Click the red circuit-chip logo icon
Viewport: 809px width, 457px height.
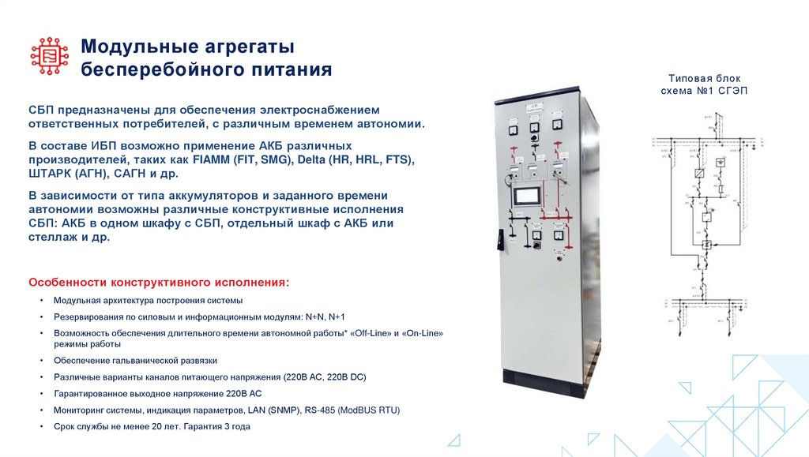point(49,56)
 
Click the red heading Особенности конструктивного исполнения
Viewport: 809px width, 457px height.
point(159,282)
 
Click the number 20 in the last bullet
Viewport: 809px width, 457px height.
point(157,426)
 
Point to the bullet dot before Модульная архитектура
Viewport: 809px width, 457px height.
point(42,302)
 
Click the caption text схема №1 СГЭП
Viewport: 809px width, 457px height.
point(703,91)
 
